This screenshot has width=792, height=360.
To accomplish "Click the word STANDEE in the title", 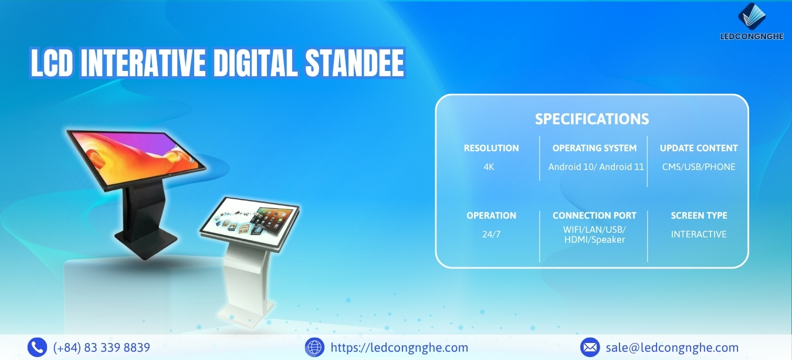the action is (354, 63).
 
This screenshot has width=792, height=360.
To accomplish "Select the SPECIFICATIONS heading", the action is (592, 119).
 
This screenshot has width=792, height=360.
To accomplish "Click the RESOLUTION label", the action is (491, 148).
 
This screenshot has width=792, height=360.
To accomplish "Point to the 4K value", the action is (489, 167).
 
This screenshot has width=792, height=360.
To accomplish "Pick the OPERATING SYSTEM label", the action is (594, 148).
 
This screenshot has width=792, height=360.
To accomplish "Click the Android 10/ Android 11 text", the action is (596, 167).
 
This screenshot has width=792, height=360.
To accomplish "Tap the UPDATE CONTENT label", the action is (699, 148).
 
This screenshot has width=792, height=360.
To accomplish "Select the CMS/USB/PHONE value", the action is (699, 167).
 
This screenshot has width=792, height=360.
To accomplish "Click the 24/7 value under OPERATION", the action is (491, 234).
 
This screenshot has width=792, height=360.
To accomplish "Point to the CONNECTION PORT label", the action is (594, 216).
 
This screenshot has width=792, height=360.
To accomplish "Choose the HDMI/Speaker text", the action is (594, 240).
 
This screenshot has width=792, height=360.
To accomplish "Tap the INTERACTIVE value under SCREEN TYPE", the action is (699, 234).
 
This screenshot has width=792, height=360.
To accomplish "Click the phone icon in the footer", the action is (37, 347).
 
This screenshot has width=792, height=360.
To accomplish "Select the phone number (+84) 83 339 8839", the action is (101, 348).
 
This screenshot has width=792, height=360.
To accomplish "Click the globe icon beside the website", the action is (314, 347).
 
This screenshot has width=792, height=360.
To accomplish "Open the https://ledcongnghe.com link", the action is (399, 348).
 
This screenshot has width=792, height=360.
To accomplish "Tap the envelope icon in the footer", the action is (590, 347).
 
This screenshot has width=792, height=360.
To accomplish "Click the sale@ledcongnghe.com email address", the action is (672, 348).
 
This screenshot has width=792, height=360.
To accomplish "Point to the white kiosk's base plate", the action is (246, 314).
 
